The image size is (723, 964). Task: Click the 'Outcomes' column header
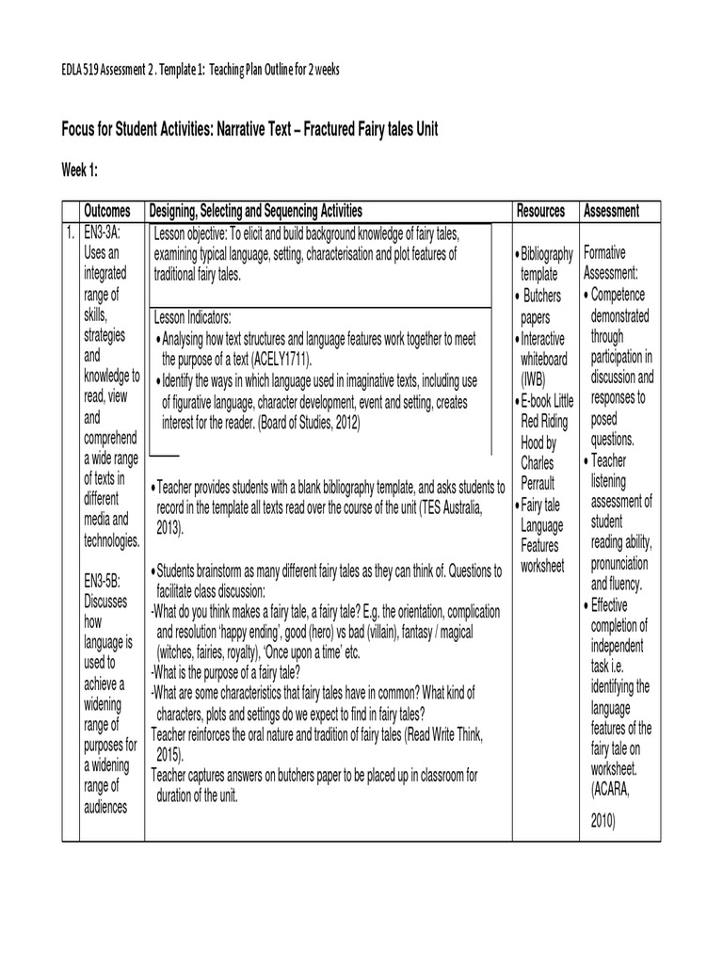[x=107, y=211]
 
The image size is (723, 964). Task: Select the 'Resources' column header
[x=540, y=211]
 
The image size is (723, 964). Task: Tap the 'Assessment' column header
[x=611, y=211]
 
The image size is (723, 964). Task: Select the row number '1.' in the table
[x=71, y=233]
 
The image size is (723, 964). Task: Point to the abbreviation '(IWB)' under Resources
[x=536, y=378]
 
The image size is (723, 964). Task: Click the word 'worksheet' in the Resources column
[x=542, y=566]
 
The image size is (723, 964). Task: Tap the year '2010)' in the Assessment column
[x=602, y=821]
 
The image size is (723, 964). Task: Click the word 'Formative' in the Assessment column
[x=604, y=253]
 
